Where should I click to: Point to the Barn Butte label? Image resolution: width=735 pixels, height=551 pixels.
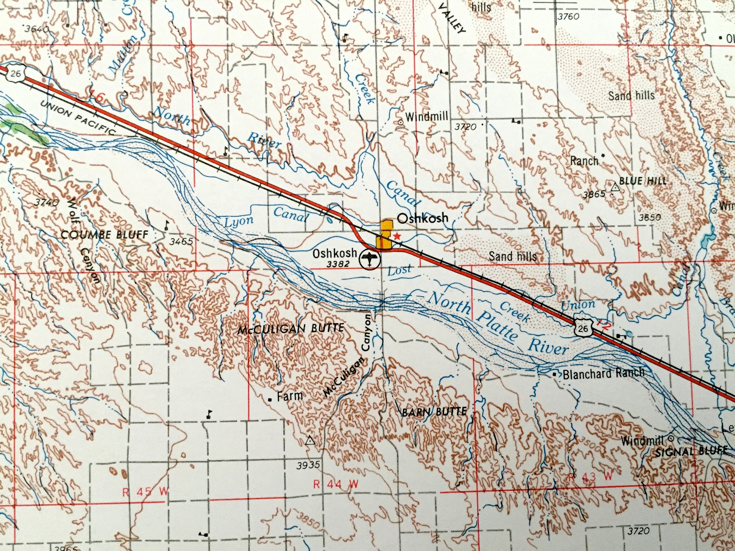point(434,412)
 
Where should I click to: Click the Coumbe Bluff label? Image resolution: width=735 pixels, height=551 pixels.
point(105,235)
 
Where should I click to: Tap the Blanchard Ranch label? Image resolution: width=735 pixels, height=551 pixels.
point(603,373)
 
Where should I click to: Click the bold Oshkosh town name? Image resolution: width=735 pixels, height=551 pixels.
point(423,218)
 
